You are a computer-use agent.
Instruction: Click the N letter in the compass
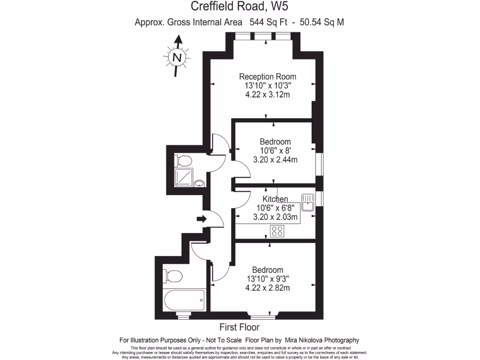pos(177,58)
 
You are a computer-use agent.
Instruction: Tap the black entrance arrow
pos(202,218)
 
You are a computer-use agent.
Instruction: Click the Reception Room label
pos(268,76)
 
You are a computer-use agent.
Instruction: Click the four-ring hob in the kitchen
pos(277,231)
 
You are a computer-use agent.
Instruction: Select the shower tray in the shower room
pos(183,177)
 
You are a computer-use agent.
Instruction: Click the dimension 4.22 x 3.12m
pos(268,95)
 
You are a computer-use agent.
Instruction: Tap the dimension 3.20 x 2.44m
pos(275,159)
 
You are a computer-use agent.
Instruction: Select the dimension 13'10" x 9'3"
pos(268,279)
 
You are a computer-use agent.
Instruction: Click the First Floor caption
pos(240,327)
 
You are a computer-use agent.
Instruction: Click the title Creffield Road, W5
pos(239,7)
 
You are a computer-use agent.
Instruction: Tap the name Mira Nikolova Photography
pos(323,340)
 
